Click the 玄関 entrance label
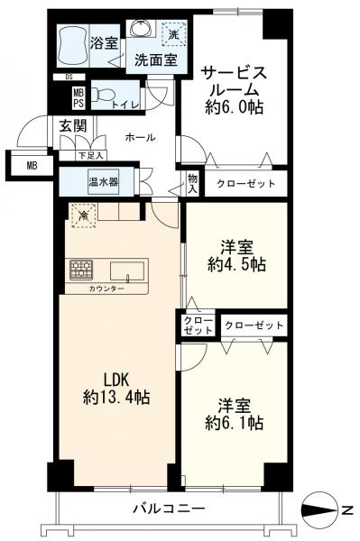coord(72,126)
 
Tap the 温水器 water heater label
coord(103,181)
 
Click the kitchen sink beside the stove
coord(126,270)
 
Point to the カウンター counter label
coord(106,289)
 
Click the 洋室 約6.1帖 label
coord(234,412)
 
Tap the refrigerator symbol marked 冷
coord(82,215)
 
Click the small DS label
coord(69,77)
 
